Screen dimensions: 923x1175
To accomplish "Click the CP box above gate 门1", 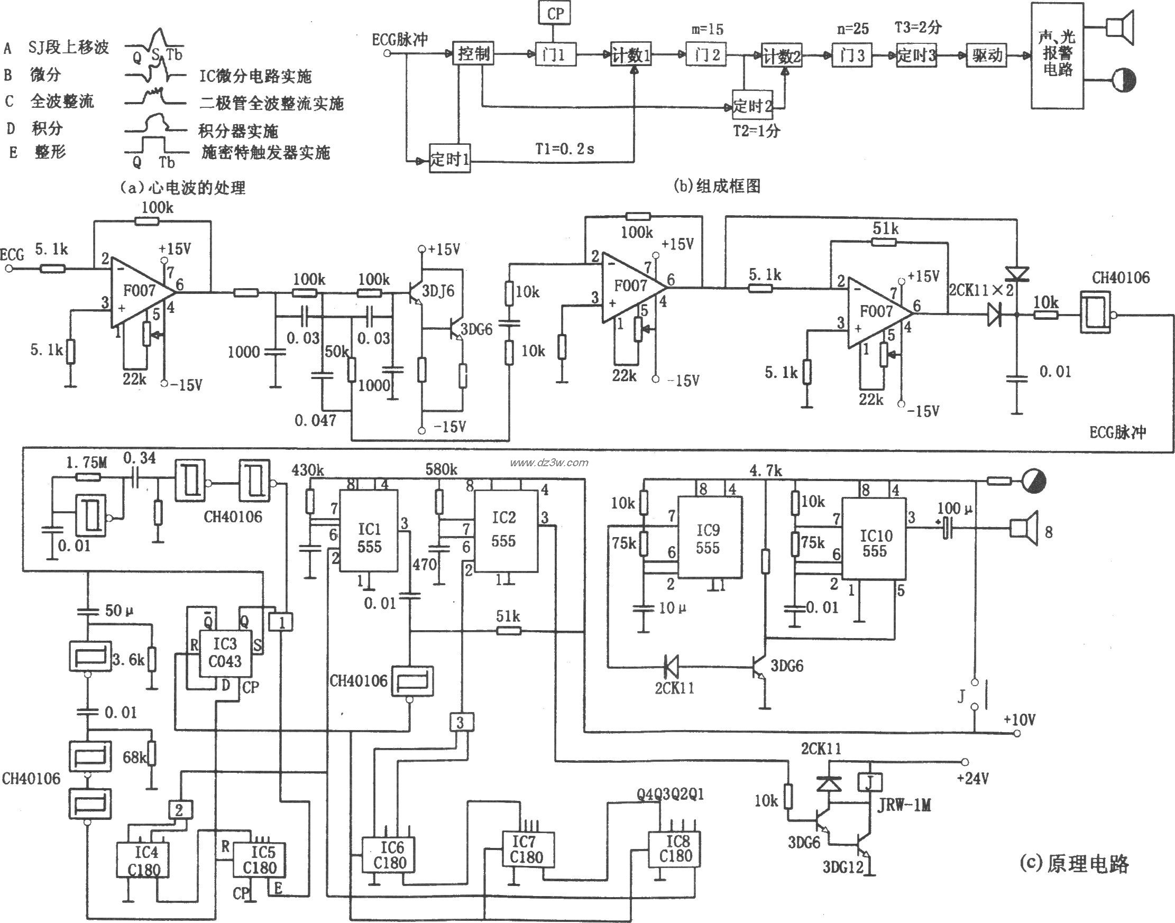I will (555, 14).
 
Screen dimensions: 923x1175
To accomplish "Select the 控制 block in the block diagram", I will (473, 53).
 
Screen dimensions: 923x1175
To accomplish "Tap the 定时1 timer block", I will (449, 160).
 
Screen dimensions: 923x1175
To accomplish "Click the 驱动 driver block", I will (986, 55).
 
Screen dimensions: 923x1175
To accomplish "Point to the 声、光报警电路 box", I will (1057, 55).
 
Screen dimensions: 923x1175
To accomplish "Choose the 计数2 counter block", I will (782, 55).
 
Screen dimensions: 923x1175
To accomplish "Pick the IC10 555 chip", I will (874, 543).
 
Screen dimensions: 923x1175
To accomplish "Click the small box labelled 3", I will (460, 723).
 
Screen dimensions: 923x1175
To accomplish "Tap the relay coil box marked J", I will (870, 782).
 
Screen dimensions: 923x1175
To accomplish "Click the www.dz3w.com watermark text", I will (548, 463).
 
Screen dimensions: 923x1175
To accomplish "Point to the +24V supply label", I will (973, 779).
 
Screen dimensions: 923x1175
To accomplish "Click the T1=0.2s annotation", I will (564, 149).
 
